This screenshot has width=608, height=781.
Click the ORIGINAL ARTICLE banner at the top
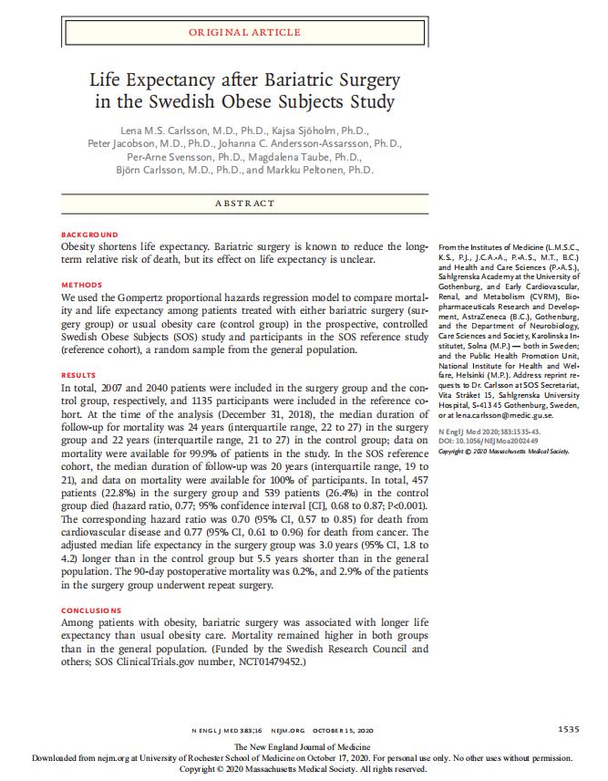[243, 32]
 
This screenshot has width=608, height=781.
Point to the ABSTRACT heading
[244, 203]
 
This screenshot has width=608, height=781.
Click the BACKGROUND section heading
[89, 234]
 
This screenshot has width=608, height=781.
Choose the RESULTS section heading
[78, 375]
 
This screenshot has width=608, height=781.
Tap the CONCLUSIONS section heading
[90, 609]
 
